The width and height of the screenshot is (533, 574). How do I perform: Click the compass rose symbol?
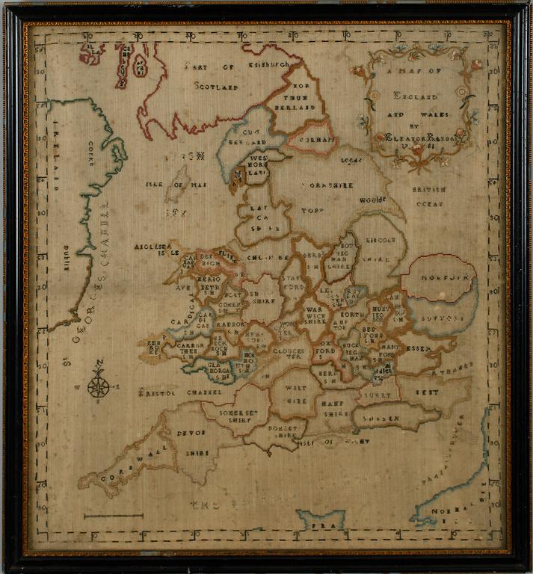(99, 386)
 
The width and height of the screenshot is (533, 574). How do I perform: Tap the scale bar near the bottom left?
(113, 515)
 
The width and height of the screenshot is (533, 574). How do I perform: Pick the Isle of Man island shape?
(178, 183)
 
